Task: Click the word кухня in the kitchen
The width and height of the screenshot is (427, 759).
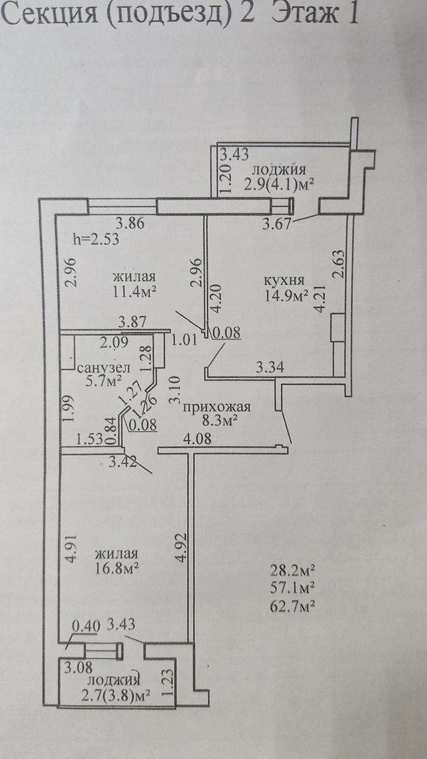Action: click(x=284, y=281)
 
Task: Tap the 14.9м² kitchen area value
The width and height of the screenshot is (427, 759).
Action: click(x=286, y=295)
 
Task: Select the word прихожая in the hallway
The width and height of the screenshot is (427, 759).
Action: click(x=216, y=407)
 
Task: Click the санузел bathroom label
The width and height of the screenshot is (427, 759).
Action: click(x=104, y=368)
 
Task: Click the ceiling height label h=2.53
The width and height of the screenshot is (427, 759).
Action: click(x=96, y=239)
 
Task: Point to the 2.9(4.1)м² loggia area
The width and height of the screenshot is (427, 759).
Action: click(x=279, y=184)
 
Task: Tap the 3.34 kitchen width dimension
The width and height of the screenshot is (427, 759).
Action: click(x=270, y=366)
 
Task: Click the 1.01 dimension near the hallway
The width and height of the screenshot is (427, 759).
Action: click(x=184, y=340)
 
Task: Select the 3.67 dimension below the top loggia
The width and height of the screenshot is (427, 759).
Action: click(x=277, y=224)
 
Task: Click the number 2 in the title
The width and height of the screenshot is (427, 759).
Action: click(x=246, y=14)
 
